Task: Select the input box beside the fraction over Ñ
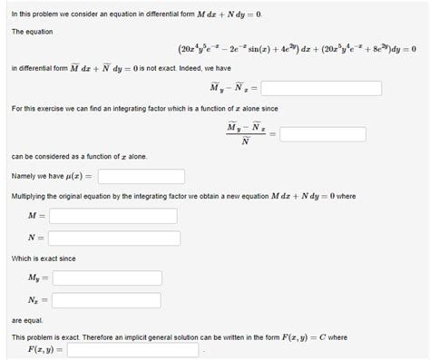[323, 134]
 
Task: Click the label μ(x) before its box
[79, 176]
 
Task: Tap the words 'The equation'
[32, 32]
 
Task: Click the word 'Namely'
[24, 176]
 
